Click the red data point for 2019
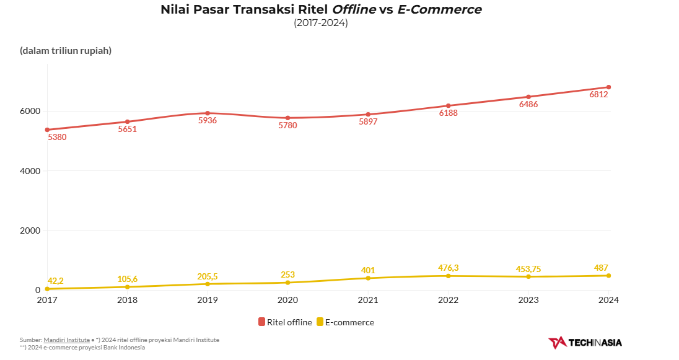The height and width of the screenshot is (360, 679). pyautogui.click(x=208, y=113)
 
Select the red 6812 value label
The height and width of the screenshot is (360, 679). pyautogui.click(x=598, y=95)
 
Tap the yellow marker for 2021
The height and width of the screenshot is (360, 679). pyautogui.click(x=368, y=278)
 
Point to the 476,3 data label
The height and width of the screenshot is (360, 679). pyautogui.click(x=448, y=268)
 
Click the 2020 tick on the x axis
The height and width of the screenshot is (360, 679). pyautogui.click(x=287, y=300)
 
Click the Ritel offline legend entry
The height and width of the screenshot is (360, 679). pyautogui.click(x=285, y=322)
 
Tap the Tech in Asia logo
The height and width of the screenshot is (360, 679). pyautogui.click(x=585, y=342)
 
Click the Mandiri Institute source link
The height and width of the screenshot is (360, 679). pyautogui.click(x=66, y=340)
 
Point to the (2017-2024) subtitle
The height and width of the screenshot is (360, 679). pyautogui.click(x=320, y=23)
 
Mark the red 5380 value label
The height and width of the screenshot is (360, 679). pyautogui.click(x=57, y=137)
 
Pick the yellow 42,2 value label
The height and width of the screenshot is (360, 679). pyautogui.click(x=55, y=281)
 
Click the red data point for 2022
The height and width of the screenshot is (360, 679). pyautogui.click(x=448, y=106)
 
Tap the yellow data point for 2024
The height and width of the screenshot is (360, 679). pyautogui.click(x=608, y=276)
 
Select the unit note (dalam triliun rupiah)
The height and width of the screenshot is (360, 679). pyautogui.click(x=66, y=51)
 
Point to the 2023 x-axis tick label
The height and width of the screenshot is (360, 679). pyautogui.click(x=528, y=300)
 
